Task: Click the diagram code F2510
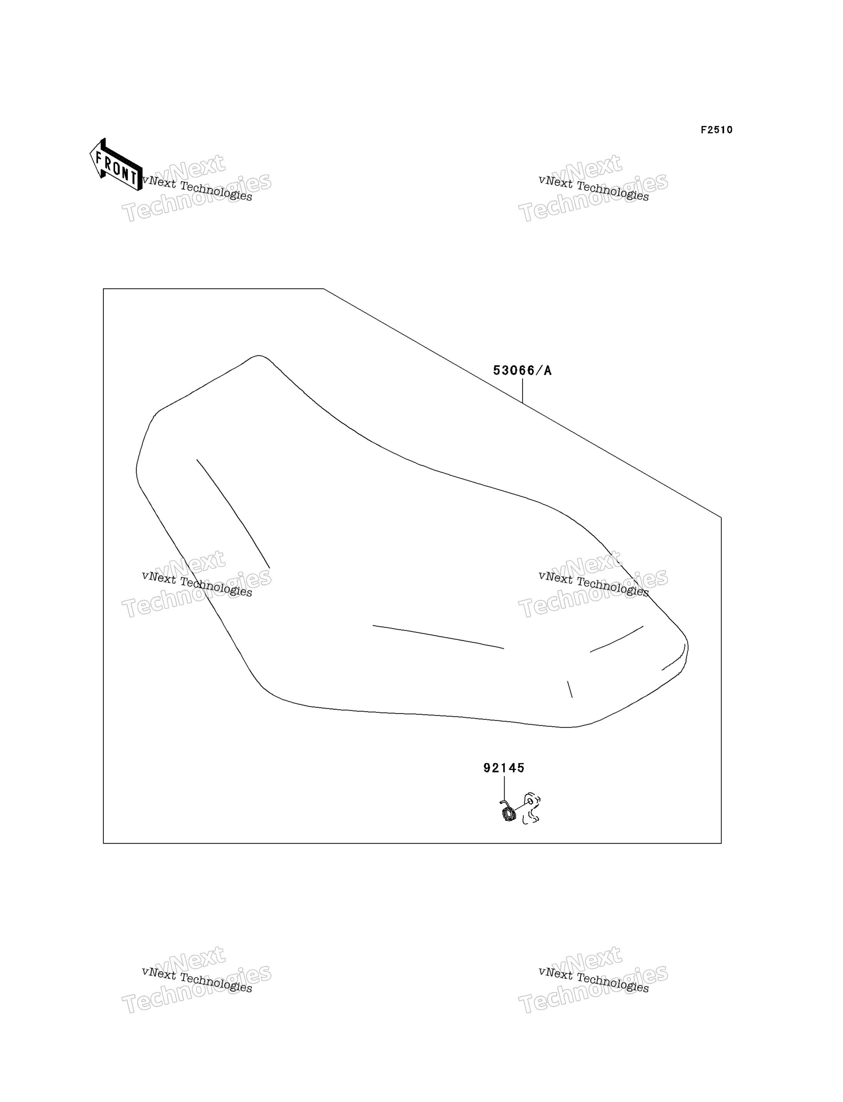[x=716, y=130]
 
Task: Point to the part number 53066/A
[x=522, y=371]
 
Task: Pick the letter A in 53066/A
[x=547, y=371]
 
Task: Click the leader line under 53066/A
[x=522, y=391]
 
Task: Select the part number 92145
[x=504, y=768]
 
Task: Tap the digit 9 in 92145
[x=487, y=768]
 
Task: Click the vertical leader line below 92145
[x=504, y=790]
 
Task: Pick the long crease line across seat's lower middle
[x=438, y=637]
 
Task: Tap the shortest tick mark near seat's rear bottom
[x=570, y=689]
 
